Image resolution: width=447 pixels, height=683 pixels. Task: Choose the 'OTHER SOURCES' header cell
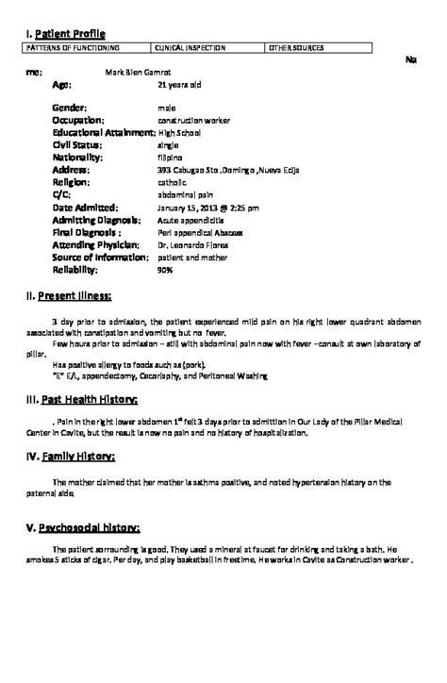[297, 46]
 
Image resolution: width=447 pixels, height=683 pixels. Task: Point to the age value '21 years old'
[179, 84]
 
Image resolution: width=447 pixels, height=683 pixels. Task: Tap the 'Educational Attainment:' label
[103, 133]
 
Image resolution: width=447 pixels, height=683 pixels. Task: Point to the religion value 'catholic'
[173, 182]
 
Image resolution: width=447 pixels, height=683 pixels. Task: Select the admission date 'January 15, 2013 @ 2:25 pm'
[207, 207]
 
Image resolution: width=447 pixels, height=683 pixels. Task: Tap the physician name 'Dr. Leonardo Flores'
[194, 243]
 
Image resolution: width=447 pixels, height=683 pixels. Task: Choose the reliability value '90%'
[165, 268]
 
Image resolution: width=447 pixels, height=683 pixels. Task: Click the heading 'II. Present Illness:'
[69, 295]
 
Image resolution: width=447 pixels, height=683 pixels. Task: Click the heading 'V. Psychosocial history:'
[83, 525]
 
